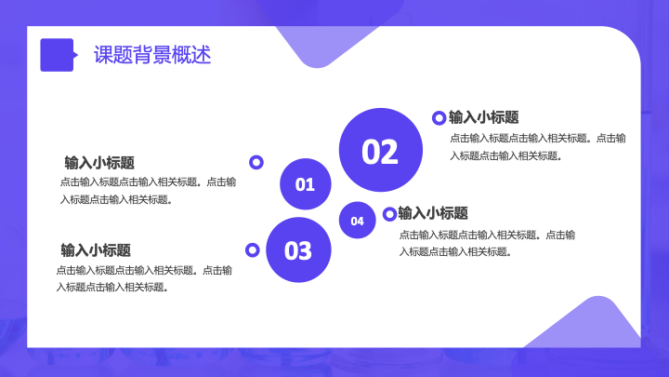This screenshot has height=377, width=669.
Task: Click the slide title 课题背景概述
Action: click(x=152, y=55)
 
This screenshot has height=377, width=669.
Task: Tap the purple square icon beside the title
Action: click(x=58, y=55)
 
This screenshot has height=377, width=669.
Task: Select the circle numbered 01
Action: click(x=306, y=183)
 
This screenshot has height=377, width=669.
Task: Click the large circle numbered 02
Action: click(x=381, y=150)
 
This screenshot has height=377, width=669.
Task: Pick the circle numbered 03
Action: click(x=298, y=250)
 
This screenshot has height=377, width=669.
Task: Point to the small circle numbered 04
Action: click(x=357, y=220)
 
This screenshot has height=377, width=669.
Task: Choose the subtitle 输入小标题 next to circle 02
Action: click(x=484, y=117)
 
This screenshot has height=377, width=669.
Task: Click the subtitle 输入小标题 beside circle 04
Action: click(x=433, y=213)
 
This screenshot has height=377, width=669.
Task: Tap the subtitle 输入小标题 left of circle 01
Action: click(x=99, y=163)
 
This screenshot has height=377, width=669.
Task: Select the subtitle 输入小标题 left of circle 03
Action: click(x=96, y=250)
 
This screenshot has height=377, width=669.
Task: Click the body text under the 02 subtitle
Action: click(x=538, y=147)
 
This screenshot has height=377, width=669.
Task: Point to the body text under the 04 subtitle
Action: click(x=487, y=243)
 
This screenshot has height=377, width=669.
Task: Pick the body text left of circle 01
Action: click(x=148, y=191)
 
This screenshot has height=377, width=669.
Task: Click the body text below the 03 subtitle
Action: click(x=144, y=278)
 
